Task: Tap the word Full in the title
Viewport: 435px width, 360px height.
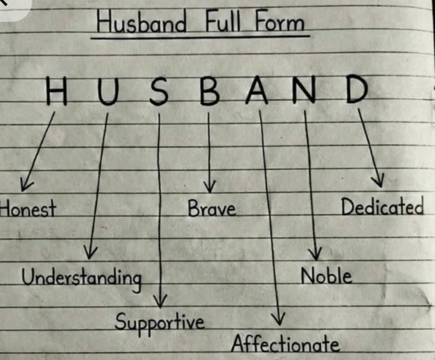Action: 223,20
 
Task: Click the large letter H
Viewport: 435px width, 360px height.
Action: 56,91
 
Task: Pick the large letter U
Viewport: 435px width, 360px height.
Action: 108,91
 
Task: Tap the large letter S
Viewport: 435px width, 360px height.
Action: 159,91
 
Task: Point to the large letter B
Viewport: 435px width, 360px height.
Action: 210,91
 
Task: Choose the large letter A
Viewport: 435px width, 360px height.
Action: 257,90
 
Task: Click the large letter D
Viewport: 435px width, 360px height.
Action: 357,88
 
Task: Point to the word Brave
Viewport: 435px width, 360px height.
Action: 212,208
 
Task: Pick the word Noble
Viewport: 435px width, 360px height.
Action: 327,276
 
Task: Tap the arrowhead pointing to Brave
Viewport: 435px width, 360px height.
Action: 210,187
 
